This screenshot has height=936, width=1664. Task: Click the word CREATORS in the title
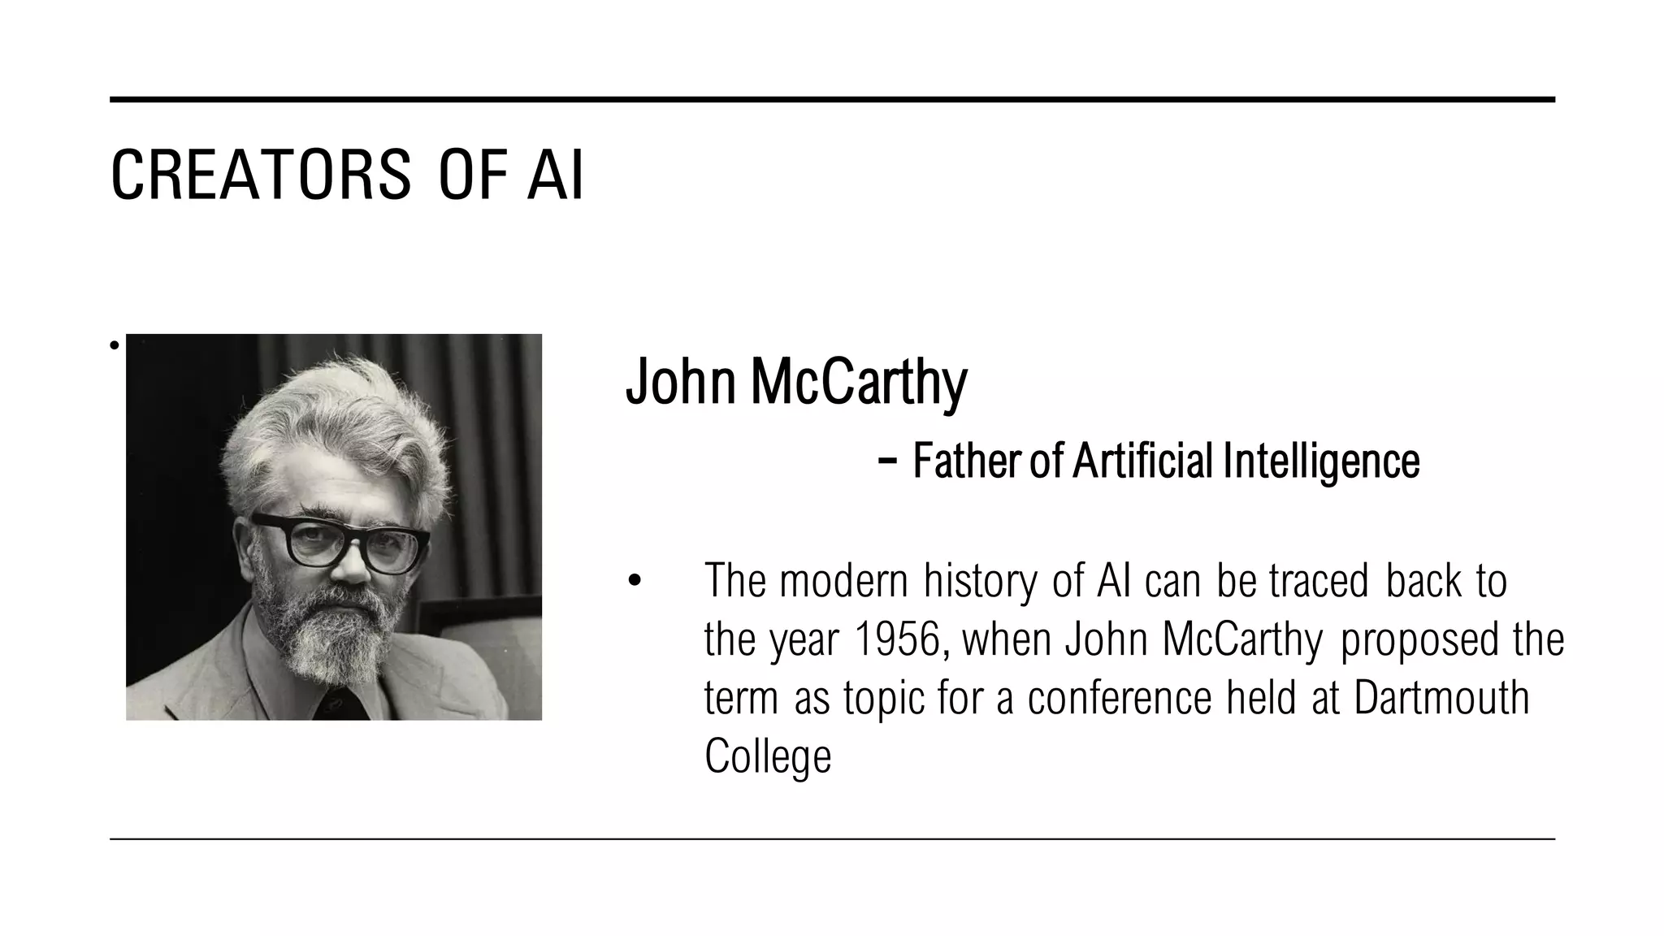(x=261, y=175)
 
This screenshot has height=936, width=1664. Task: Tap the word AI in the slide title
(x=555, y=175)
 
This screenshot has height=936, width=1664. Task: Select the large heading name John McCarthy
(x=796, y=382)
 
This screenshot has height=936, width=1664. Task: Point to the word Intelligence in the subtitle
(x=1321, y=461)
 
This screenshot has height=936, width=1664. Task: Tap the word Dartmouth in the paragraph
(x=1441, y=698)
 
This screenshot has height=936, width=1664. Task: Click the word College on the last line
(x=768, y=756)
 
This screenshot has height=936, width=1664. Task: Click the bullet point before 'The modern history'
(x=635, y=582)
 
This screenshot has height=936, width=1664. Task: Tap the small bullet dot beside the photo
(x=115, y=345)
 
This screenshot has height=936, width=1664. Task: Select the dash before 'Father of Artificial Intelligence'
(x=887, y=461)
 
